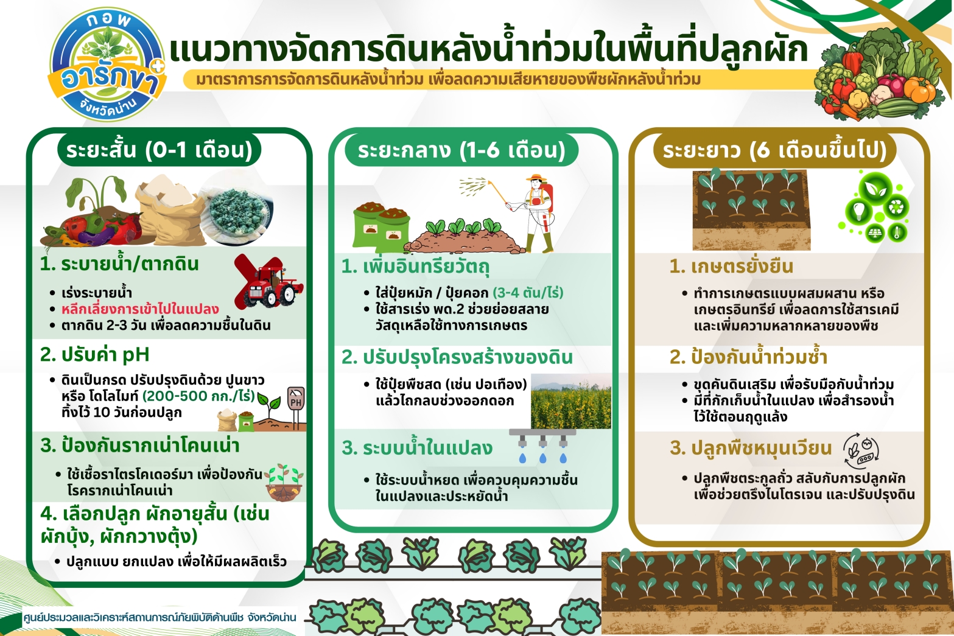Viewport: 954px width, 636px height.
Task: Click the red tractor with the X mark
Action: point(269,281)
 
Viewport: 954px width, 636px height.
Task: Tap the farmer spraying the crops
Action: point(535,213)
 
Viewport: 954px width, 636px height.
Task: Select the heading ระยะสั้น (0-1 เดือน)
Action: point(160,150)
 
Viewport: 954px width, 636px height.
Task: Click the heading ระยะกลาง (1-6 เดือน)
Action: point(461,150)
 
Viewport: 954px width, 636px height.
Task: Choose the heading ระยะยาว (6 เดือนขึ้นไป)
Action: point(774,150)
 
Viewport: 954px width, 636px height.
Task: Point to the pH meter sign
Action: point(296,407)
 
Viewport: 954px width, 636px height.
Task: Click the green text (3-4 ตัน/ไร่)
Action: point(528,293)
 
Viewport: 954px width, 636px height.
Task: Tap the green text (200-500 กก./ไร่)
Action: point(199,396)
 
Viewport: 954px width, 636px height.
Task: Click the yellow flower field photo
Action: point(571,401)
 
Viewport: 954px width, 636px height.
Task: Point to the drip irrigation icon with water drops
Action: point(542,446)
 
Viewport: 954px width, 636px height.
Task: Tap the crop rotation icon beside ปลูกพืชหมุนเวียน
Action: point(861,451)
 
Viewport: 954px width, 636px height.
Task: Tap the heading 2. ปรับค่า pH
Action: point(94,355)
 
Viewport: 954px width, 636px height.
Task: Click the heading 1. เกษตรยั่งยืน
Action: point(731,267)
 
